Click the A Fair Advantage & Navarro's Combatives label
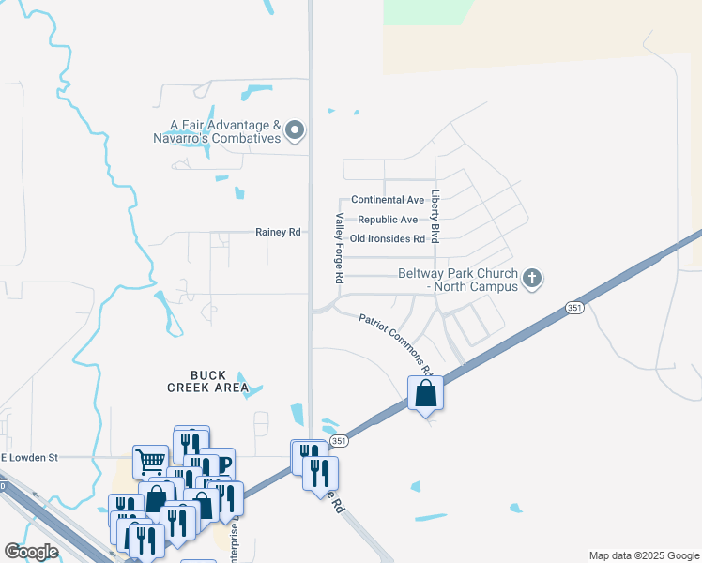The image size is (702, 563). click(218, 131)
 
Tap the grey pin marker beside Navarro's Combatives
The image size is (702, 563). click(296, 130)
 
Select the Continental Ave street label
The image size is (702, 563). click(388, 200)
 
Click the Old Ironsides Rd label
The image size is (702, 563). click(387, 239)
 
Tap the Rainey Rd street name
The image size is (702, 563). click(279, 232)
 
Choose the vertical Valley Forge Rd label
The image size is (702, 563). click(340, 249)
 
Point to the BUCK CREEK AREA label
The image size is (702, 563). click(207, 380)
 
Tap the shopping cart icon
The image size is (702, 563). click(150, 461)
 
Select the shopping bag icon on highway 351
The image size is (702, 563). click(425, 393)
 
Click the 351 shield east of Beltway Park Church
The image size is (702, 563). click(573, 308)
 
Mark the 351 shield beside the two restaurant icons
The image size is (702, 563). click(339, 440)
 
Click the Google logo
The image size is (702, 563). click(31, 553)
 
